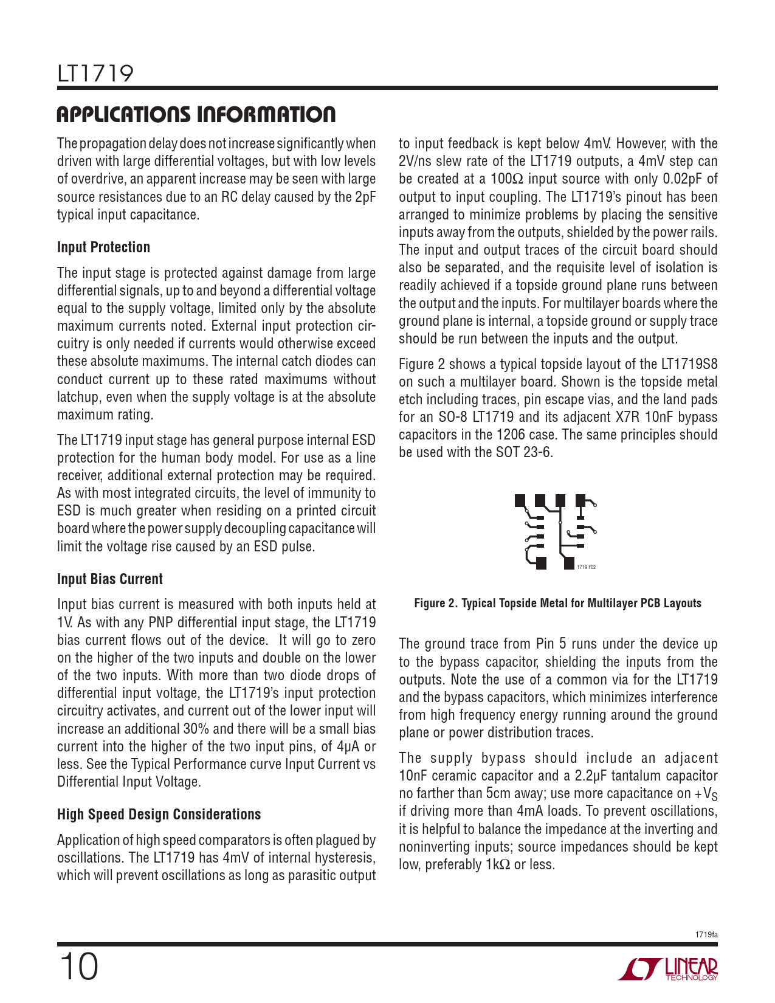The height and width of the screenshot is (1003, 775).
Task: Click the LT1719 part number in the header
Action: click(95, 74)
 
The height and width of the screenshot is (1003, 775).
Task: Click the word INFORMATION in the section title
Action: click(268, 115)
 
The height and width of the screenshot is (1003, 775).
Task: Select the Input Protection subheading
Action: click(103, 247)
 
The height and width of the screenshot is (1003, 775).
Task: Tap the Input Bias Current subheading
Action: click(110, 579)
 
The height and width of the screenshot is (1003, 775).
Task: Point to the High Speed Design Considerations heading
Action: click(159, 815)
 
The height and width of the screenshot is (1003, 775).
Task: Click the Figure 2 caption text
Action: click(557, 603)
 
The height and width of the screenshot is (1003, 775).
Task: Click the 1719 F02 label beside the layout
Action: click(586, 567)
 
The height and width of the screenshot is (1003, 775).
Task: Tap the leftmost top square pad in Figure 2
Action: click(520, 500)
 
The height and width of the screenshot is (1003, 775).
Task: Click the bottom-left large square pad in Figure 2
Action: click(542, 563)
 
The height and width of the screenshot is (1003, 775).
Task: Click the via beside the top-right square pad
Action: click(595, 505)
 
